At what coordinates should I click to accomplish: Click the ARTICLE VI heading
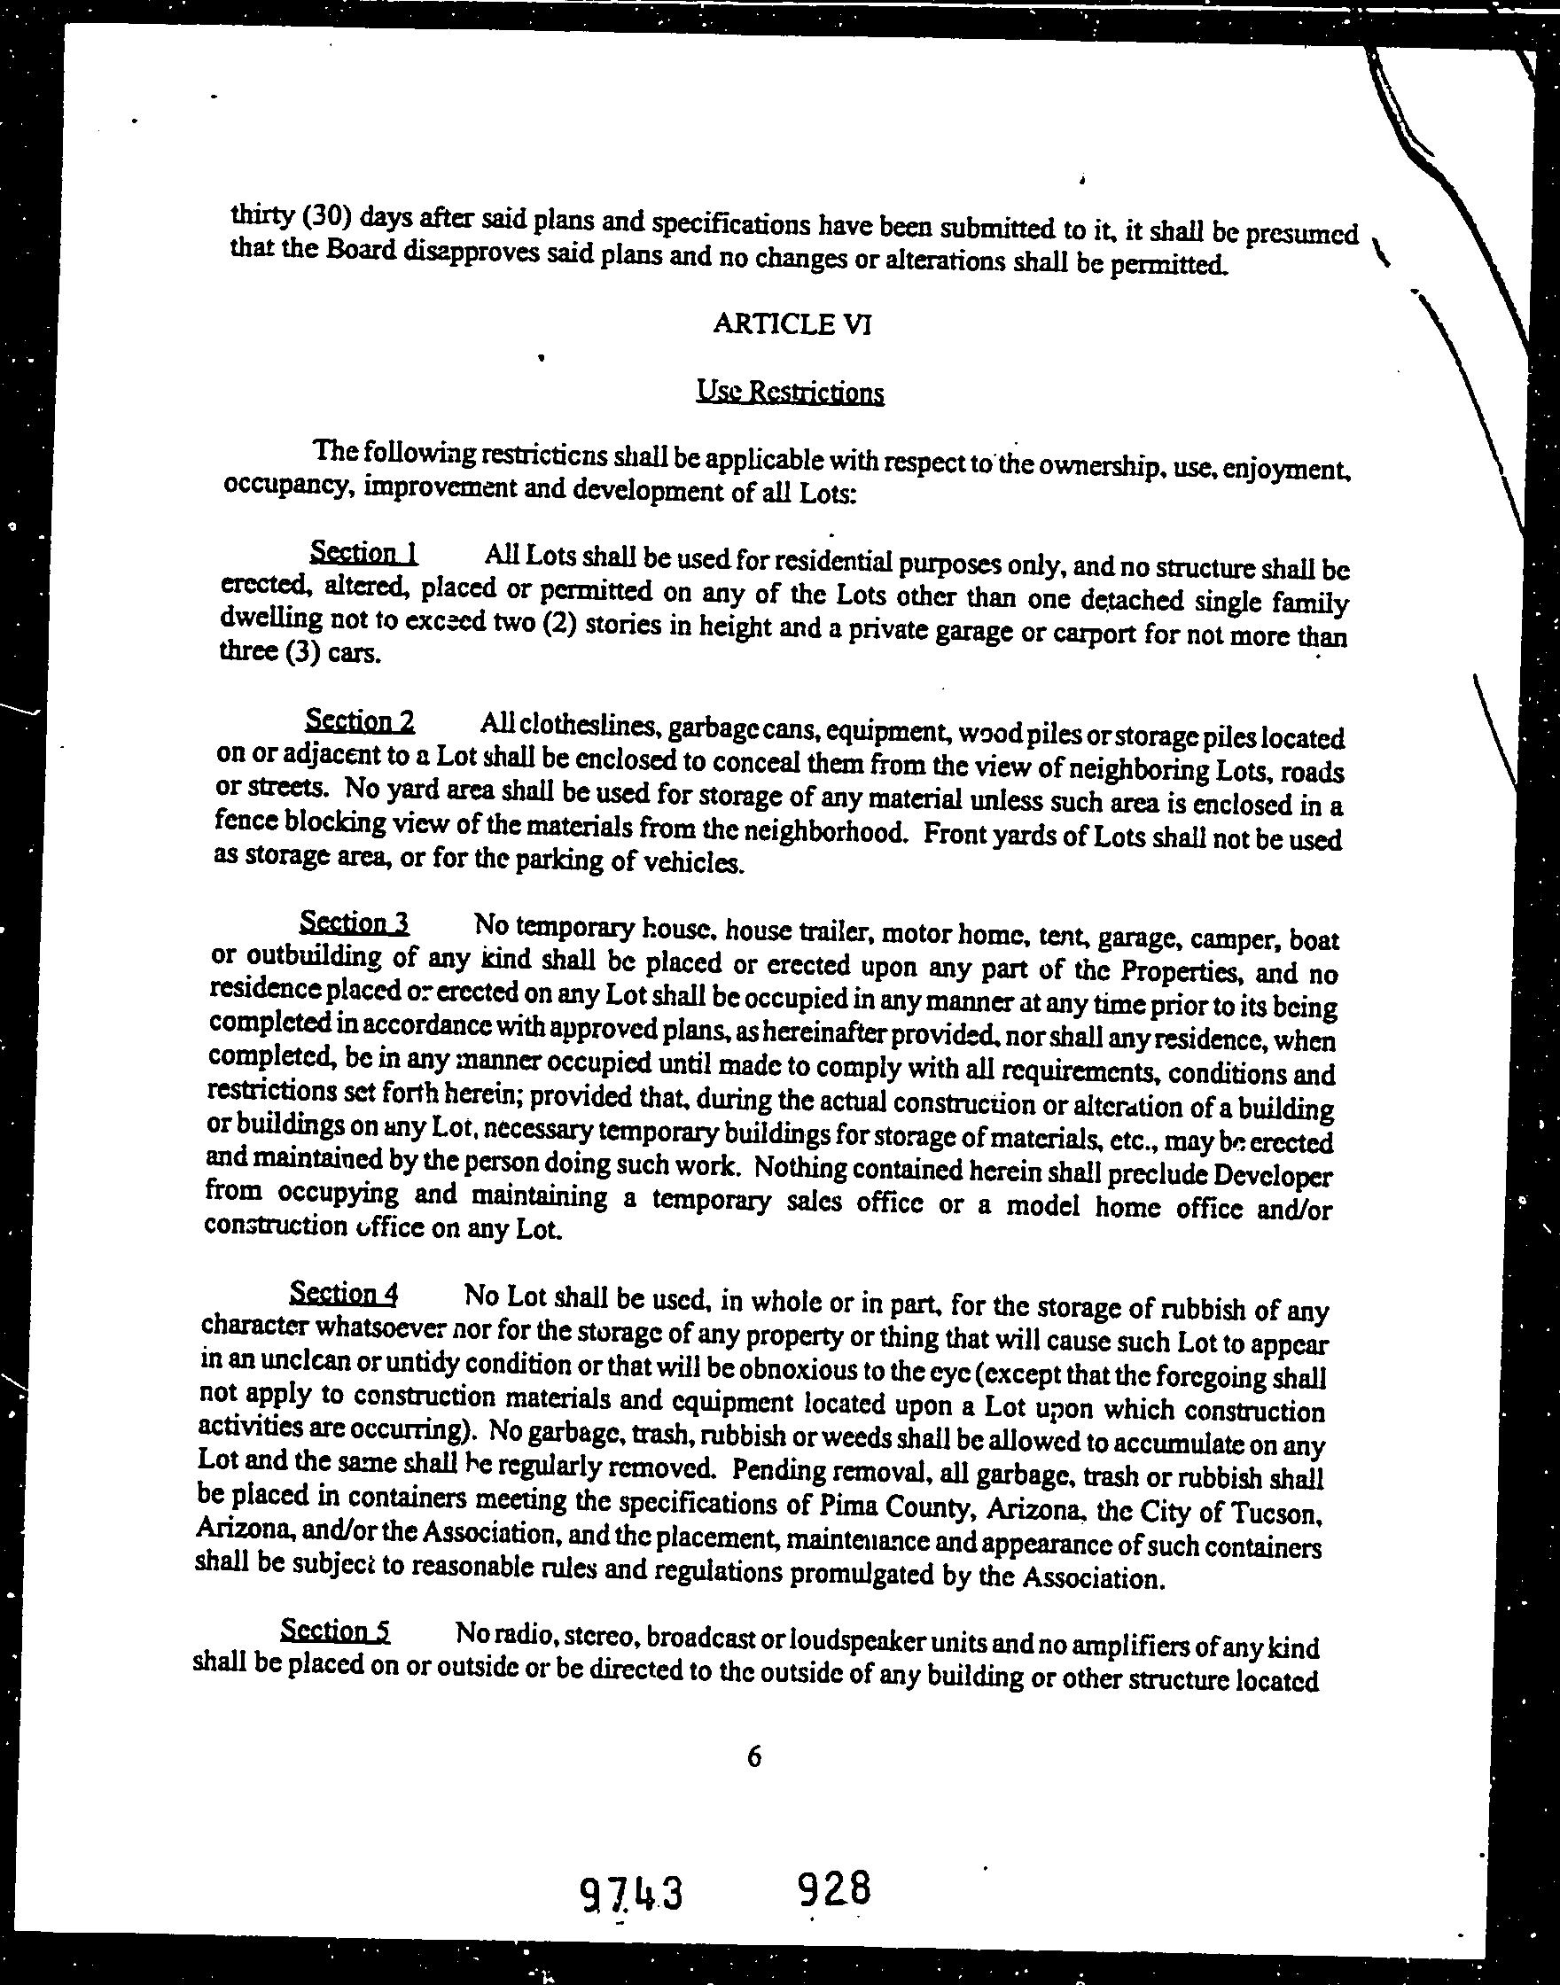[791, 324]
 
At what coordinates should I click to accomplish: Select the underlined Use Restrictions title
[790, 393]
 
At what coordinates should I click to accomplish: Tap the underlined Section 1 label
[363, 553]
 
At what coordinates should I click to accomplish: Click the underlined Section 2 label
[360, 721]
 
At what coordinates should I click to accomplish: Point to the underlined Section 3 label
[355, 923]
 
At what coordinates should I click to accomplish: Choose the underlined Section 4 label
[343, 1294]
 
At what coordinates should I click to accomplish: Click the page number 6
[753, 1756]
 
